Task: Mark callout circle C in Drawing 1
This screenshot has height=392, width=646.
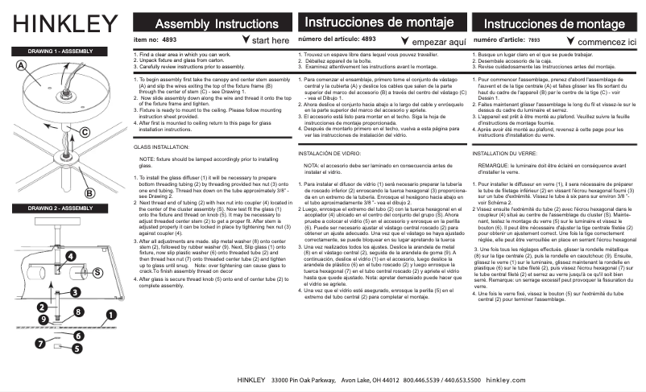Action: pyautogui.click(x=84, y=131)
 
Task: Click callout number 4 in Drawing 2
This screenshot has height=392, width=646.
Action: pyautogui.click(x=70, y=256)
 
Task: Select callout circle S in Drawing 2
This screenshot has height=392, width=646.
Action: pyautogui.click(x=97, y=273)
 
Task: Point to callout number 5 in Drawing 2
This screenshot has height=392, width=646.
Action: pyautogui.click(x=77, y=349)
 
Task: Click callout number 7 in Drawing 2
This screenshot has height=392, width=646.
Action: pyautogui.click(x=40, y=343)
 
